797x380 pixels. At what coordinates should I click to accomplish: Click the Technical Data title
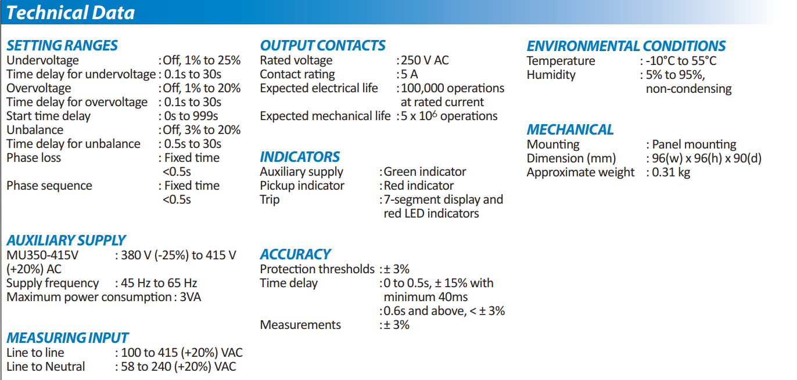point(70,12)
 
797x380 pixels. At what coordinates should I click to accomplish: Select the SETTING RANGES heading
point(62,45)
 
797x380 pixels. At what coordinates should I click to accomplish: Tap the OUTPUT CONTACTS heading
point(322,45)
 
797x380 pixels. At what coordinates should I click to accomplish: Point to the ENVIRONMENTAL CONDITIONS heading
point(626,46)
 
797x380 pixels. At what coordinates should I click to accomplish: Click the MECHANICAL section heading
point(570,130)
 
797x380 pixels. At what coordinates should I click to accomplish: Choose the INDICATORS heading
point(300,157)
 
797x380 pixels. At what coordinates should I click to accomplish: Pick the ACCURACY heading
point(295,254)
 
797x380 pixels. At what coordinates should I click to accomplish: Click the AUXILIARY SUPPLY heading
point(66,240)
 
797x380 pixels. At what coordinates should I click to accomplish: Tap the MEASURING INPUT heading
point(67,338)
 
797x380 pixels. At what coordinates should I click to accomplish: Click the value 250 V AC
point(425,60)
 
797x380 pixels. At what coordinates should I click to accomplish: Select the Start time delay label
point(48,116)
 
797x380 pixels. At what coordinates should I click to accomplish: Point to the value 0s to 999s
point(191,116)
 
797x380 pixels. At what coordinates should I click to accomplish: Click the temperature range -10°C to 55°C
point(681,61)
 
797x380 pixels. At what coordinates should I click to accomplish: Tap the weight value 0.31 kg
point(671,172)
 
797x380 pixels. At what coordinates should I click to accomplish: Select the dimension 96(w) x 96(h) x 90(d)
point(706,158)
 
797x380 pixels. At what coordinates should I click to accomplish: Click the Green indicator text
point(425,172)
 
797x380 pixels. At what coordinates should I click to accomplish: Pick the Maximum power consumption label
point(89,297)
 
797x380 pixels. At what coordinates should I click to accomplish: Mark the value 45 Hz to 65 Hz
point(159,283)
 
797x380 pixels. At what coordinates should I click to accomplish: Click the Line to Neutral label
point(45,367)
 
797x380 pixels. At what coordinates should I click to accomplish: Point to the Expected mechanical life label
point(325,116)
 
